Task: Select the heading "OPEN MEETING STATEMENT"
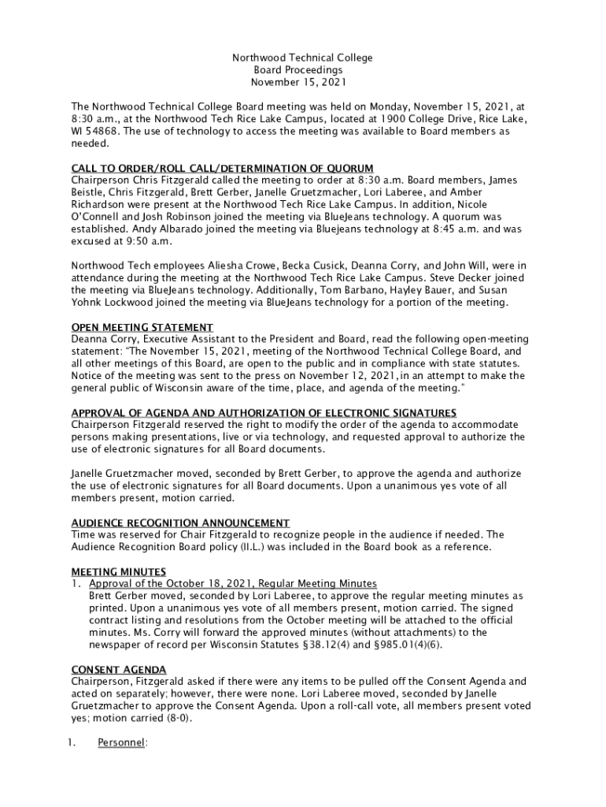click(142, 327)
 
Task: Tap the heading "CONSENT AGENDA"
click(119, 669)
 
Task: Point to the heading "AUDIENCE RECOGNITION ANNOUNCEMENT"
click(180, 523)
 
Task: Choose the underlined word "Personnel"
click(121, 742)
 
